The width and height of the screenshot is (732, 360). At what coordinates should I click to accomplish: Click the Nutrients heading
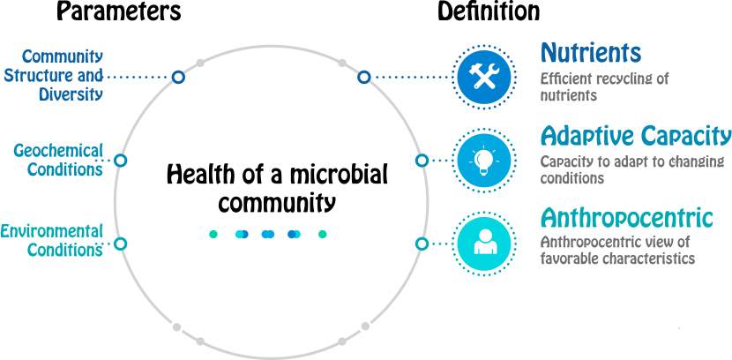(590, 53)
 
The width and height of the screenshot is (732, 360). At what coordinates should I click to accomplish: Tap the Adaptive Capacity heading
(635, 137)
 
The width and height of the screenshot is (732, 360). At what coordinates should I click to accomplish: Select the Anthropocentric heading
(626, 217)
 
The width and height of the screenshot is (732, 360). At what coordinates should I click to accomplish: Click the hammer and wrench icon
(483, 78)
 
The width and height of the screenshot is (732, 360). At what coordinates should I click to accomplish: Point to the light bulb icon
(483, 160)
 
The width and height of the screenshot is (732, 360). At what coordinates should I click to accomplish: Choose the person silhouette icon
(483, 243)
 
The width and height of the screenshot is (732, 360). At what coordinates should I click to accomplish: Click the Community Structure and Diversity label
(55, 76)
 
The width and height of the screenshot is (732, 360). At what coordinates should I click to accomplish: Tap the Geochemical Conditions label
(58, 161)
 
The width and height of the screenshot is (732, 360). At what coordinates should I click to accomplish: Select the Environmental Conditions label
(52, 240)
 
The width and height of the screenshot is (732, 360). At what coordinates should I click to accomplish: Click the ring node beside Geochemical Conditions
(121, 161)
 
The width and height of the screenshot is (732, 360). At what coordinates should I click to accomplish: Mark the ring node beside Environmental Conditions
(121, 243)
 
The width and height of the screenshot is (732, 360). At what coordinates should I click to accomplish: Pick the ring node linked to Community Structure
(178, 78)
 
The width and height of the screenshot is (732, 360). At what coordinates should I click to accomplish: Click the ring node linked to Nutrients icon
(363, 78)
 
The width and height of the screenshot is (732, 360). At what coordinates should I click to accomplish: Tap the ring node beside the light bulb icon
(422, 161)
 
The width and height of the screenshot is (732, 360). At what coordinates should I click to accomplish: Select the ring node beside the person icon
(422, 243)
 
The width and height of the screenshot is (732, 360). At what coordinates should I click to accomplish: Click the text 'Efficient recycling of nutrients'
(604, 86)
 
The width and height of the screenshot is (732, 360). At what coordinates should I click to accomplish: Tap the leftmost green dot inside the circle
(213, 234)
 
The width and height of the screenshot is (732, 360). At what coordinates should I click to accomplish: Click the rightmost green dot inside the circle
(322, 234)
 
